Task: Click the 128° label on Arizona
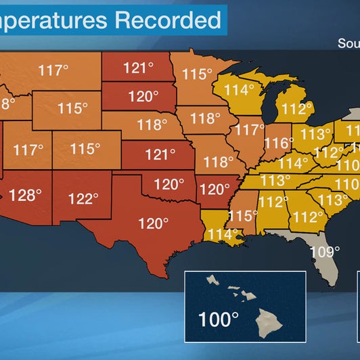tap(26, 195)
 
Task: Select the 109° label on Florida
tap(325, 252)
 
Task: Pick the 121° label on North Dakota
tap(139, 68)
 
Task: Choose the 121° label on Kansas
tap(160, 155)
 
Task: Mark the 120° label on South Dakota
tap(143, 97)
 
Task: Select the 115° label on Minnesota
tap(198, 74)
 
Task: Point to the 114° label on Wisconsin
tap(240, 89)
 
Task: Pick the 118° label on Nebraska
tap(152, 125)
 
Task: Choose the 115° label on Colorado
tap(85, 148)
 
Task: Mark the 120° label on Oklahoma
tap(168, 183)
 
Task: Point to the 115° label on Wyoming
tap(72, 108)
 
